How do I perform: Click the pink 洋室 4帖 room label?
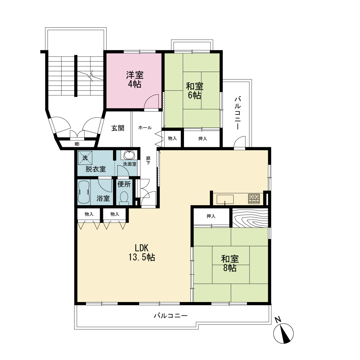click(x=135, y=80)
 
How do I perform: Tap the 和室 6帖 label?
click(x=194, y=91)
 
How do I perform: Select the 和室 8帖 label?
click(x=230, y=264)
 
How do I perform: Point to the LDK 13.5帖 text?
click(x=141, y=253)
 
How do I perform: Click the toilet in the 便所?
click(x=124, y=198)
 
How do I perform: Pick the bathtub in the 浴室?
click(x=84, y=192)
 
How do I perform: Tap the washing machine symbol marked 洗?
click(x=85, y=158)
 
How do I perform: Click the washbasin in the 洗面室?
click(x=130, y=155)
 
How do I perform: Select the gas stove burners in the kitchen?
click(x=254, y=199)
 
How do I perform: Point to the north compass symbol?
click(x=283, y=332)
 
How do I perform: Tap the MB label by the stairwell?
click(x=77, y=144)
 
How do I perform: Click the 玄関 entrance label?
click(x=118, y=128)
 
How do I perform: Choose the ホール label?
click(x=145, y=128)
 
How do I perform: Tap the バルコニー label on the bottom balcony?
click(x=171, y=316)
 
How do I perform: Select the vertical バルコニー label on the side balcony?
click(x=238, y=113)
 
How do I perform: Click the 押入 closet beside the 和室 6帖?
click(x=202, y=139)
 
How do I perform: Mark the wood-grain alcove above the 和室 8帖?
click(x=250, y=218)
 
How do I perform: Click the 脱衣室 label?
click(x=95, y=169)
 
